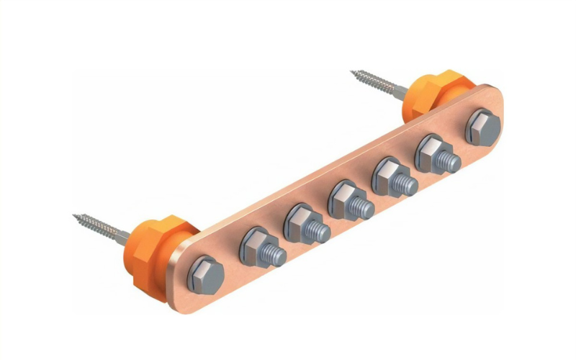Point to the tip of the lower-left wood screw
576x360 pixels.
tap(75, 216)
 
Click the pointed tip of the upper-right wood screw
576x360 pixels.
tap(353, 72)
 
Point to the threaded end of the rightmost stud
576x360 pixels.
tap(451, 163)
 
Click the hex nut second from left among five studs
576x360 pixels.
tap(297, 222)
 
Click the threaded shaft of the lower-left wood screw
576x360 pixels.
tap(101, 225)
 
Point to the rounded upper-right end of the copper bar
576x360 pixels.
tap(497, 108)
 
